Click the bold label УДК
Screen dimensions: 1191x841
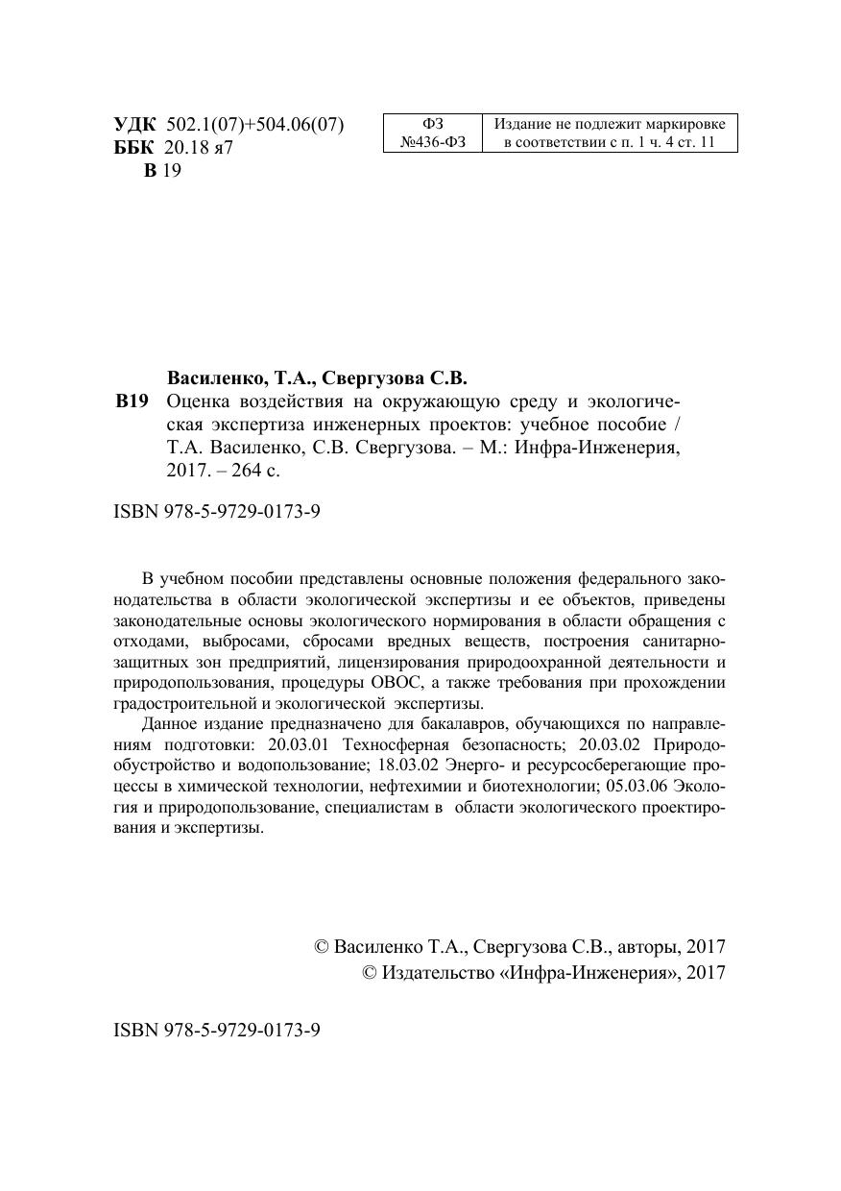click(x=133, y=125)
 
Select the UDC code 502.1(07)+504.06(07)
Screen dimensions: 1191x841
click(x=255, y=125)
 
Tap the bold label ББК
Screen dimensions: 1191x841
click(x=133, y=148)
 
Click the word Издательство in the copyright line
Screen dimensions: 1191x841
click(x=436, y=972)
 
